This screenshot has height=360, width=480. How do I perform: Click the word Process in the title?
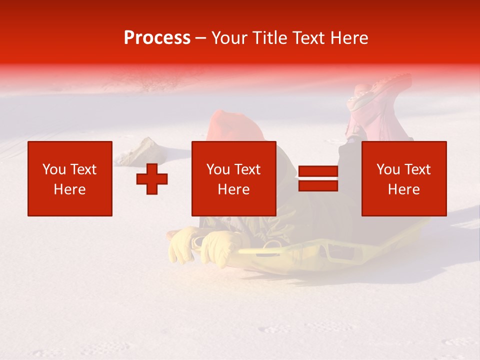click(157, 38)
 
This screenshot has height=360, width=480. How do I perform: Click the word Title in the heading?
click(268, 38)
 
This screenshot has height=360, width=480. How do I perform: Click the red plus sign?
click(152, 179)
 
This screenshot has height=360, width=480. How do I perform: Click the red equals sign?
click(318, 179)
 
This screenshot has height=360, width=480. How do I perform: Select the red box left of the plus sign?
click(70, 178)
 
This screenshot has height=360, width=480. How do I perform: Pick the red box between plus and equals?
click(234, 178)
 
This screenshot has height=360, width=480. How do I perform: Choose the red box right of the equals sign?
click(404, 178)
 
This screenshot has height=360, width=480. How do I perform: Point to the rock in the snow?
click(140, 151)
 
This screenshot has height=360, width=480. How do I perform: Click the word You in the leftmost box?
click(54, 169)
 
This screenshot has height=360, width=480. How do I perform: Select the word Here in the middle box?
click(234, 189)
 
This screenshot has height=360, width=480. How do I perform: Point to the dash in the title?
click(201, 38)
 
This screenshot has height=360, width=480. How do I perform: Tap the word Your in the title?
click(230, 38)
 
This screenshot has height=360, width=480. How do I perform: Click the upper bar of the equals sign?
click(318, 172)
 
